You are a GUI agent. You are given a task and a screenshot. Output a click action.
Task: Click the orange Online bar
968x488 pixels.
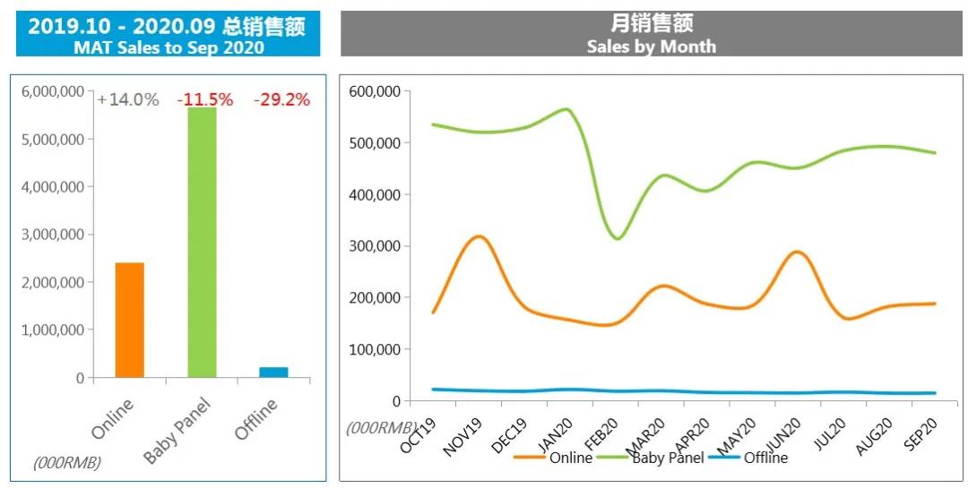click(x=129, y=320)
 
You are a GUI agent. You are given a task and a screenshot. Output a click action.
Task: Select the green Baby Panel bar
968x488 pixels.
click(x=202, y=242)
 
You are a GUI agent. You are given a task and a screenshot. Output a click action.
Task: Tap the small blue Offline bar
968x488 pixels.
click(x=273, y=372)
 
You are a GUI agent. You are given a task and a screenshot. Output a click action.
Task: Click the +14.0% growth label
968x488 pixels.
click(x=127, y=100)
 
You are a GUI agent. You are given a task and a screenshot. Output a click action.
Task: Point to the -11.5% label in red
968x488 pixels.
click(x=204, y=100)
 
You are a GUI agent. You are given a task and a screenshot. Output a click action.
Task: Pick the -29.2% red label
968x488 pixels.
click(x=281, y=100)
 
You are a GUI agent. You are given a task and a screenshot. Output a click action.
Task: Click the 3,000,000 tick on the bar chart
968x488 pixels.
click(x=57, y=235)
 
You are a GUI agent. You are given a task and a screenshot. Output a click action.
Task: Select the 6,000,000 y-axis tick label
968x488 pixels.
click(x=57, y=91)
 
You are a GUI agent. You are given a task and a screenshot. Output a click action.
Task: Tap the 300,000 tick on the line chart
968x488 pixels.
click(x=374, y=246)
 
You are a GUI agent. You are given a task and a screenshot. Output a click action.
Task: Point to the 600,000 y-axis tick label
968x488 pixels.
click(x=374, y=91)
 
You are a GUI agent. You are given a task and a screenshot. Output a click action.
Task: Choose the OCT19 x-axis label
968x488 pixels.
click(x=419, y=437)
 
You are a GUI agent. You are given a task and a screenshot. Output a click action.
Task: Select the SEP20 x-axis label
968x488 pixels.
click(x=921, y=437)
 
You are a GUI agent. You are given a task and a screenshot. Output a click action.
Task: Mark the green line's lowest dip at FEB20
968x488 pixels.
click(x=618, y=239)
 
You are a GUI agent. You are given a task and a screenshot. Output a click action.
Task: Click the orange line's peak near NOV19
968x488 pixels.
click(x=479, y=236)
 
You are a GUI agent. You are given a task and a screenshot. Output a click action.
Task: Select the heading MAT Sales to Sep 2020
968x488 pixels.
click(x=169, y=47)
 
